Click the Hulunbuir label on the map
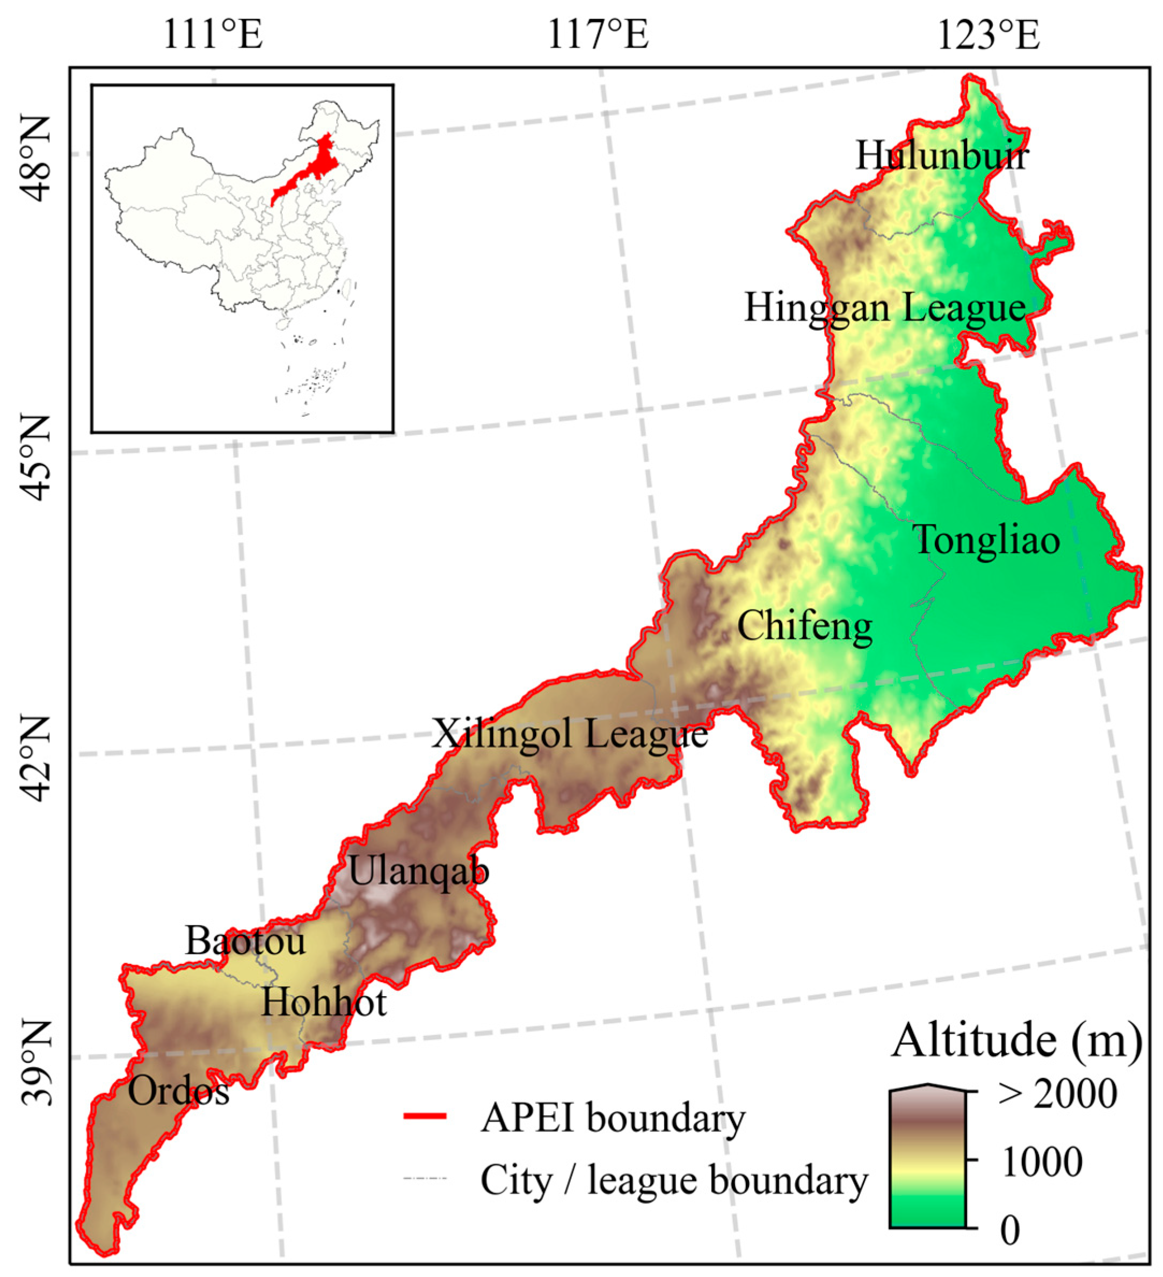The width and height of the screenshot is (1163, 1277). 942,156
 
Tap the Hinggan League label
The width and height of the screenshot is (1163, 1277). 884,308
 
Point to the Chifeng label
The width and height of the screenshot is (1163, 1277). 804,627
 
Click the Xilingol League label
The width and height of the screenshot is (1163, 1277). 570,735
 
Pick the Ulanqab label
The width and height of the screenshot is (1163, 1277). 419,872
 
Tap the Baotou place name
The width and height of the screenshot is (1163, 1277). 245,942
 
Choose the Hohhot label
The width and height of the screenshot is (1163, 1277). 324,1003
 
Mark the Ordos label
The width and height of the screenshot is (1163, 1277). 179,1092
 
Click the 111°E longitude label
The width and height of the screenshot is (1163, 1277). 213,35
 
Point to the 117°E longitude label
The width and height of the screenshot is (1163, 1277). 598,35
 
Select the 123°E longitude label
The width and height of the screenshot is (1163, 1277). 988,35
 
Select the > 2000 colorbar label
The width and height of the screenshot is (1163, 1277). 1057,1094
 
